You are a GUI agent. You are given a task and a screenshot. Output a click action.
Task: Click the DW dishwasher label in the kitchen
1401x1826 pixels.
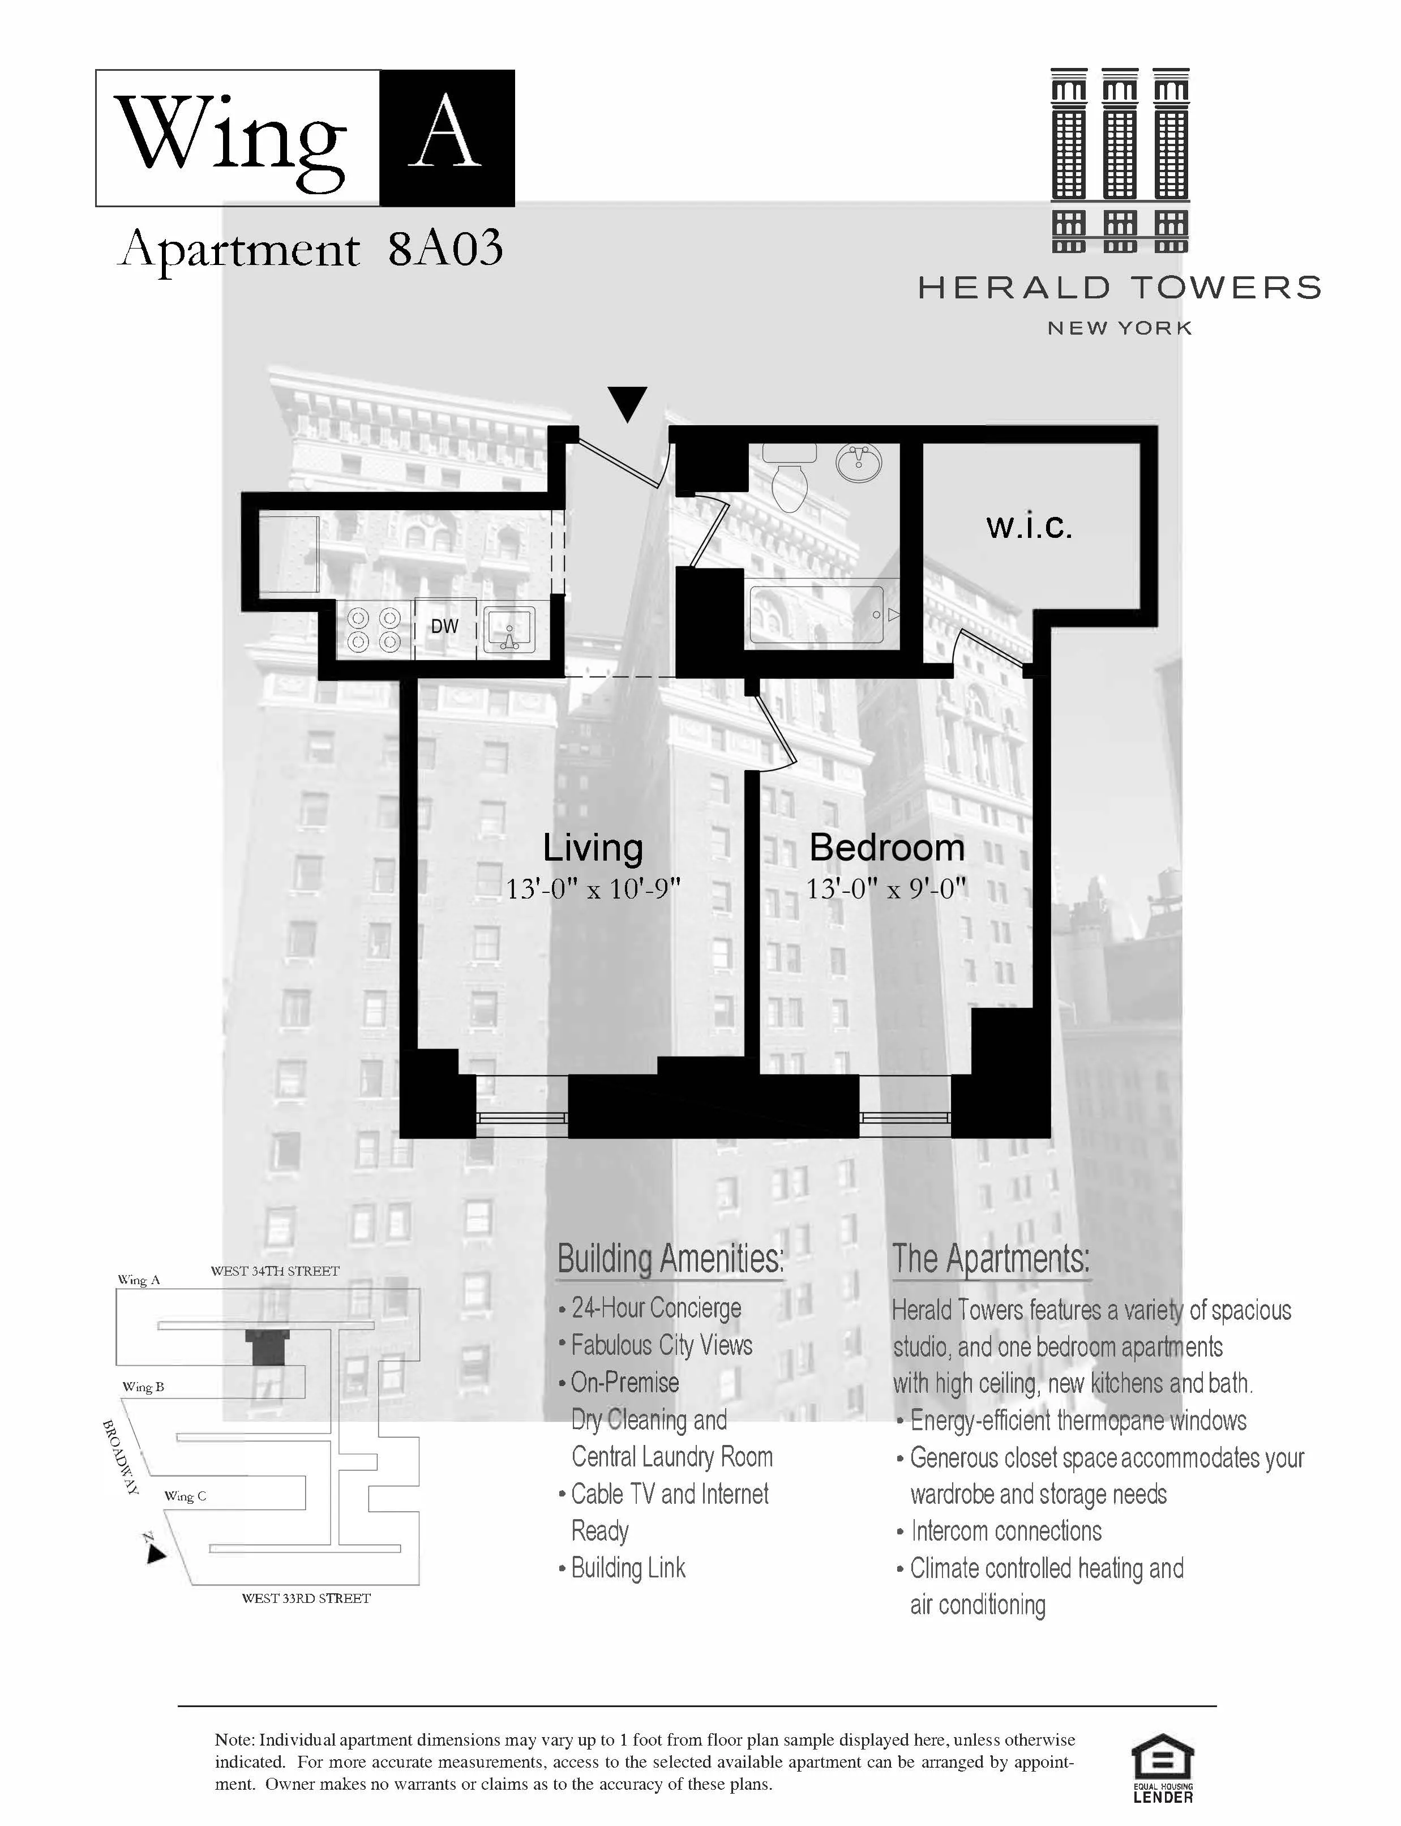click(x=444, y=626)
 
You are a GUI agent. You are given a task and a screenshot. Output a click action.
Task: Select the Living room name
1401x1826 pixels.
click(x=593, y=848)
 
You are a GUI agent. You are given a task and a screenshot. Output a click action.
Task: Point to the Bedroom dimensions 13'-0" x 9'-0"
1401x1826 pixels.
click(x=886, y=890)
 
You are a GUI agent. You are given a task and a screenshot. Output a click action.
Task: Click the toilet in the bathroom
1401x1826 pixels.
click(x=789, y=478)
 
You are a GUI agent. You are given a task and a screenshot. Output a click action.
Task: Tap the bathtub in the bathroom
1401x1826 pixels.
click(x=818, y=615)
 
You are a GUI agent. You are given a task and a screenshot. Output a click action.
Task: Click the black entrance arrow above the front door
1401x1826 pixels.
click(x=627, y=403)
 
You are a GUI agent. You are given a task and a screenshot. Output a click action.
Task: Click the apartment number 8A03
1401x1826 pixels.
click(x=445, y=249)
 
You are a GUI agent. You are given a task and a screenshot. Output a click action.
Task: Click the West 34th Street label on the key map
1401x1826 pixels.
click(x=275, y=1271)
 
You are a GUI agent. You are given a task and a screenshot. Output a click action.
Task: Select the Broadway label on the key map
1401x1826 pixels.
click(x=120, y=1456)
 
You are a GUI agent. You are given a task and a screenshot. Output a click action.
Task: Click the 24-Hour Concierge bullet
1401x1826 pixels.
click(x=655, y=1308)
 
